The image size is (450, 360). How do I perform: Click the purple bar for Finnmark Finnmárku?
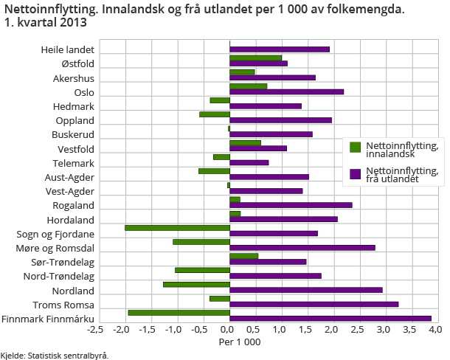click(x=330, y=318)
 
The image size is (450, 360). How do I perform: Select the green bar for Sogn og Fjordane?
click(x=177, y=227)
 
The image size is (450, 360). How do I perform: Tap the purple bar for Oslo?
click(x=286, y=92)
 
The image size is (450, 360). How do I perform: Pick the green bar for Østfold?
click(x=255, y=58)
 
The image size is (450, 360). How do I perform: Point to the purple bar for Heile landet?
click(x=280, y=49)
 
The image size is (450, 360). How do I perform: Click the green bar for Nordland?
click(x=196, y=283)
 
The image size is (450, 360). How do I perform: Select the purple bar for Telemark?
click(x=249, y=163)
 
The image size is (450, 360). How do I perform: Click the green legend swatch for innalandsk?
click(x=355, y=148)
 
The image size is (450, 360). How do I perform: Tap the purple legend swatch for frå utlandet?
click(x=355, y=175)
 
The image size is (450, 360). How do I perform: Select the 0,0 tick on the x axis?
click(x=229, y=329)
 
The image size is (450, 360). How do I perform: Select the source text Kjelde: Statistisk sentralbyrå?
click(x=55, y=355)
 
